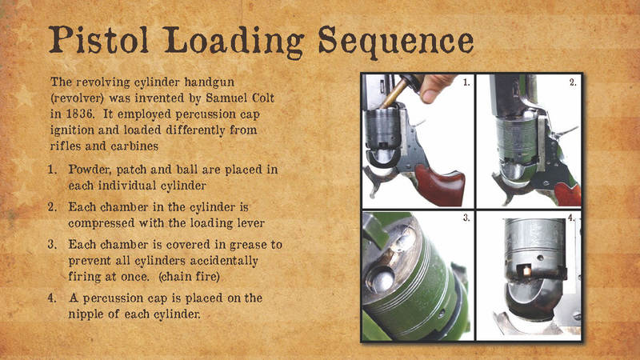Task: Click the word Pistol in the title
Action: pyautogui.click(x=98, y=40)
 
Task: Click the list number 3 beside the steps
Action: pyautogui.click(x=52, y=245)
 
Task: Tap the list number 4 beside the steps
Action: pyautogui.click(x=52, y=298)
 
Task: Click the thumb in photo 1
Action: pyautogui.click(x=434, y=88)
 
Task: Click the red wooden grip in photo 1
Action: pyautogui.click(x=439, y=187)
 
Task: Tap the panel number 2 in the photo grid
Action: pyautogui.click(x=573, y=82)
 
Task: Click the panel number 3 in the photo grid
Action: pyautogui.click(x=466, y=218)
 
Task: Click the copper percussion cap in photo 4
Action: pyautogui.click(x=527, y=270)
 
